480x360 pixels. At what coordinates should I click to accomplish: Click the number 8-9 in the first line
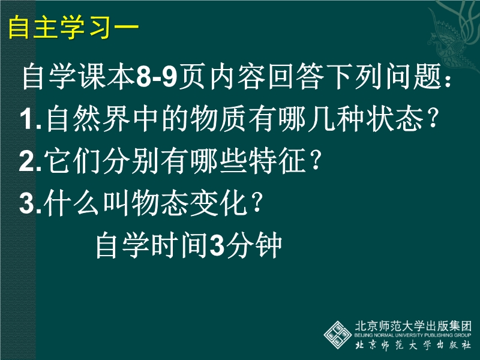pyautogui.click(x=157, y=77)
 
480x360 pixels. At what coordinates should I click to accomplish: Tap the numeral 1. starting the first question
pyautogui.click(x=31, y=119)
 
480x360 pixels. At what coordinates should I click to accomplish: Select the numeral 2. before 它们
pyautogui.click(x=30, y=161)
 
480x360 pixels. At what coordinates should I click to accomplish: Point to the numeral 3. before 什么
pyautogui.click(x=30, y=203)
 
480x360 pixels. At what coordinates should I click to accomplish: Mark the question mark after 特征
pyautogui.click(x=316, y=161)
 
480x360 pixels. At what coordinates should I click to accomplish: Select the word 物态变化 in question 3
pyautogui.click(x=189, y=203)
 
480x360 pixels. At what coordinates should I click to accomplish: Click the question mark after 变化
pyautogui.click(x=256, y=203)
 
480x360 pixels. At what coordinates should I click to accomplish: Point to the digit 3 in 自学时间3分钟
pyautogui.click(x=217, y=246)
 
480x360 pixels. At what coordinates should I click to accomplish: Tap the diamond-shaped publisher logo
pyautogui.click(x=338, y=335)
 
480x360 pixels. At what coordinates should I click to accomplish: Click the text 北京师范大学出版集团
pyautogui.click(x=413, y=326)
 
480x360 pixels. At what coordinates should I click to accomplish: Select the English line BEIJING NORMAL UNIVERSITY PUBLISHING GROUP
pyautogui.click(x=413, y=335)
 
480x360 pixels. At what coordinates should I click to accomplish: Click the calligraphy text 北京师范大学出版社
pyautogui.click(x=413, y=345)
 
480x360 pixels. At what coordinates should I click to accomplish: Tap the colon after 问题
pyautogui.click(x=448, y=80)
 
